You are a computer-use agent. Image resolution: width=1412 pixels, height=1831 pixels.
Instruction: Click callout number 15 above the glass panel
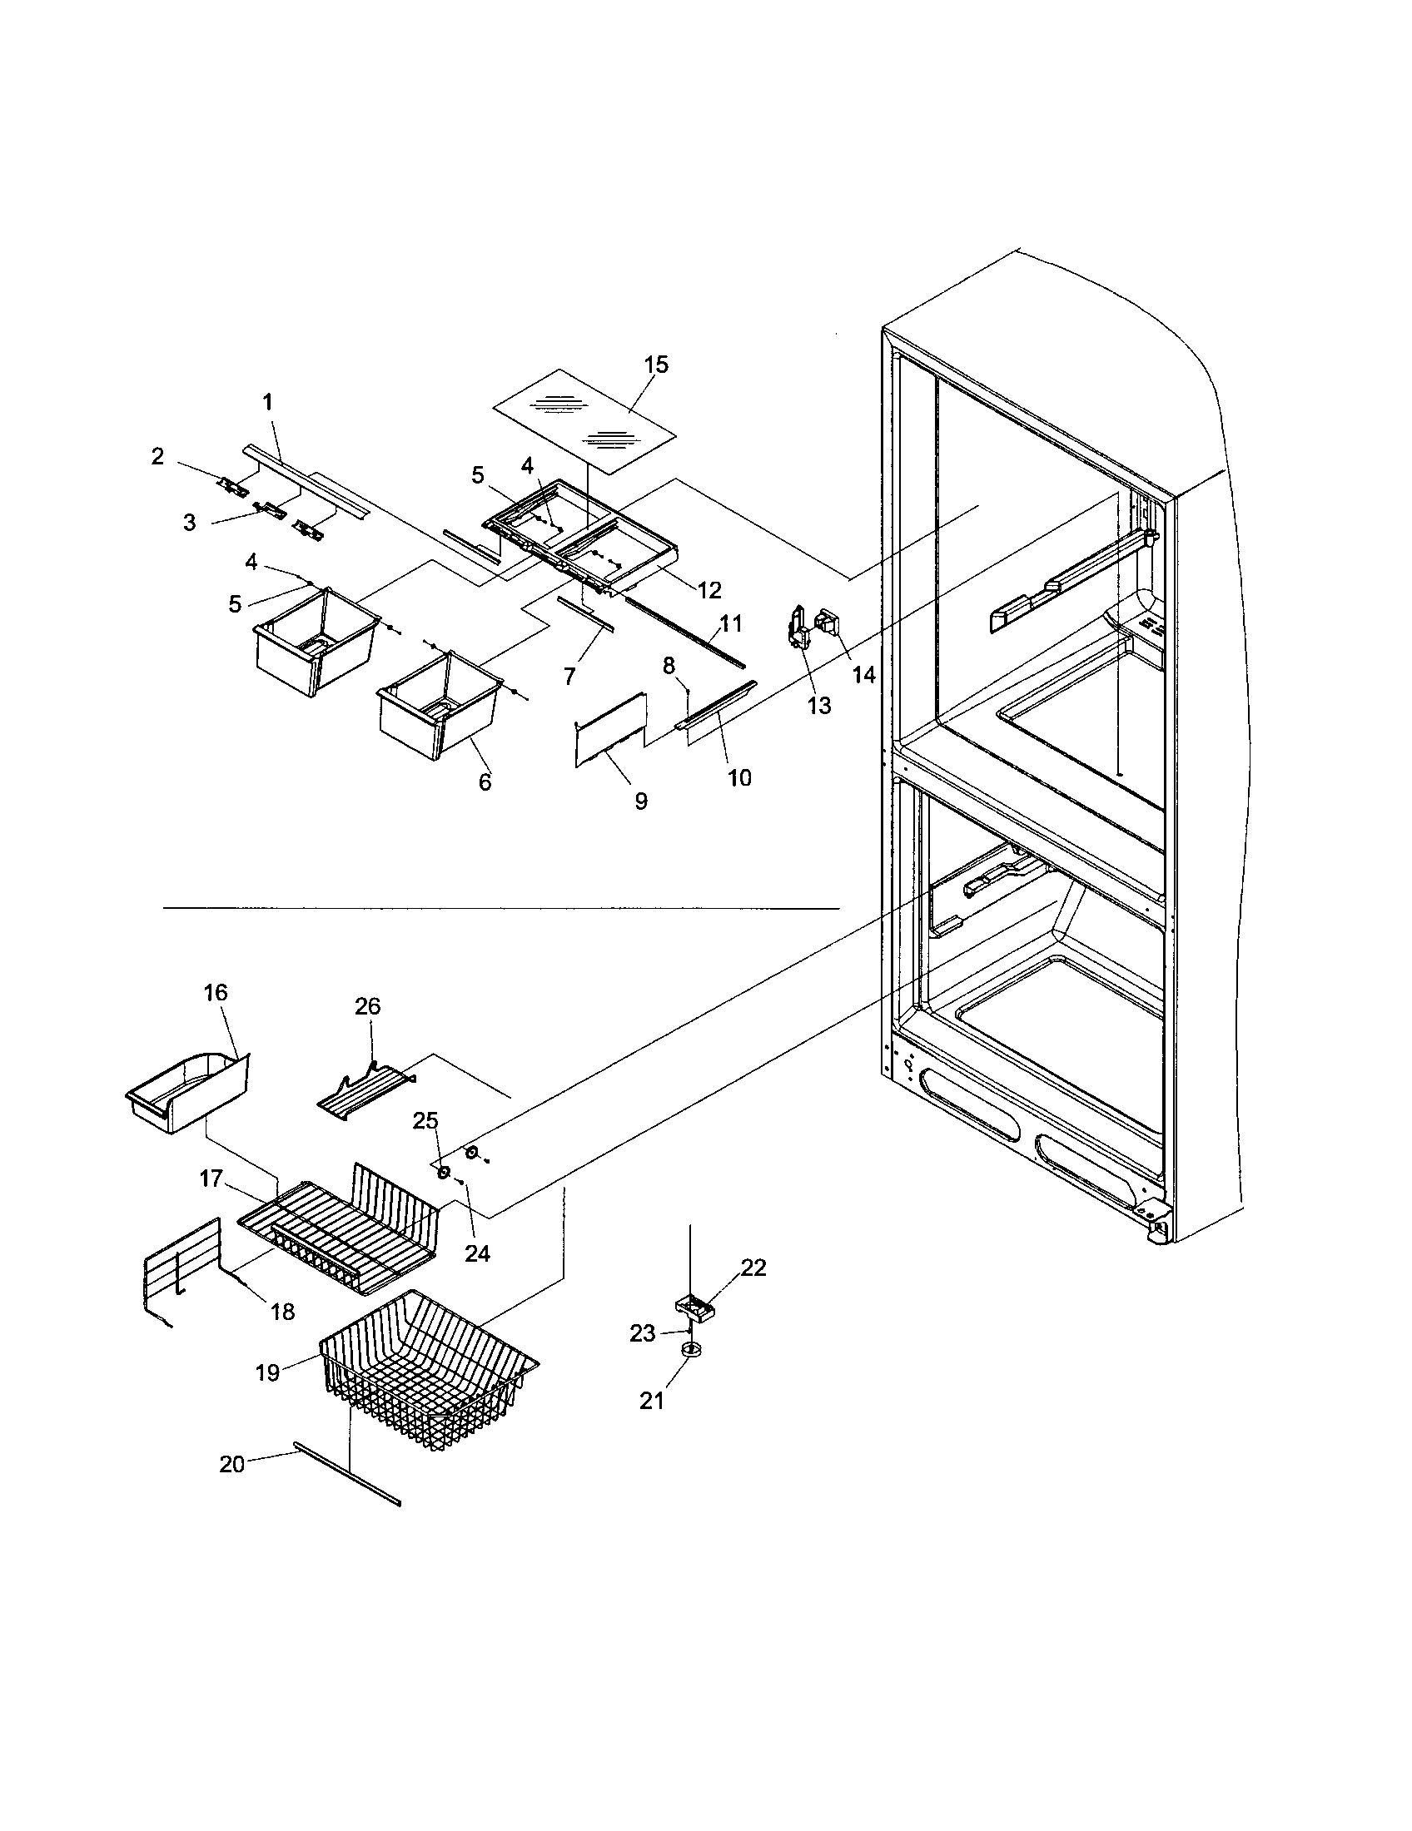656,365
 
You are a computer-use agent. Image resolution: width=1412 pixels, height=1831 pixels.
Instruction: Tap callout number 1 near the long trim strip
267,403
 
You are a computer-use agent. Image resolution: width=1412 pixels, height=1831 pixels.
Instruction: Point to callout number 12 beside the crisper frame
708,590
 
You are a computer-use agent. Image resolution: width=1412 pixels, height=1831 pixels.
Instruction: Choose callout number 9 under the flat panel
640,801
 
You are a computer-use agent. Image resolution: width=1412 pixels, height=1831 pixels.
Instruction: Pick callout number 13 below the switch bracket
818,706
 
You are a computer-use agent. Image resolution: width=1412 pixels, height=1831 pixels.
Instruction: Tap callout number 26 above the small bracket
367,1006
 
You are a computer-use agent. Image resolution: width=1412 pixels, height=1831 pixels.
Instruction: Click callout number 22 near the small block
753,1268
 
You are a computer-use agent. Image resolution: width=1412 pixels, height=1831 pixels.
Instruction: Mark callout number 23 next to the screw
642,1333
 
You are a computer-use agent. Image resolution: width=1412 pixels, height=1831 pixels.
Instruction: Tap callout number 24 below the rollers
477,1253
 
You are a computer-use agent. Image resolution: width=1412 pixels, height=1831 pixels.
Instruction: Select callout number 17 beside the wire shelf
211,1179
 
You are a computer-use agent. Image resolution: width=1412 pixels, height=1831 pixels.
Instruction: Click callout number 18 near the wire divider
283,1312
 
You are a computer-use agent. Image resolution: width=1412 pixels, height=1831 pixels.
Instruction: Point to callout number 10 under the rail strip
738,777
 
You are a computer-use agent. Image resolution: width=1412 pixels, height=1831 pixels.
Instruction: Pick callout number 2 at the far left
157,456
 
